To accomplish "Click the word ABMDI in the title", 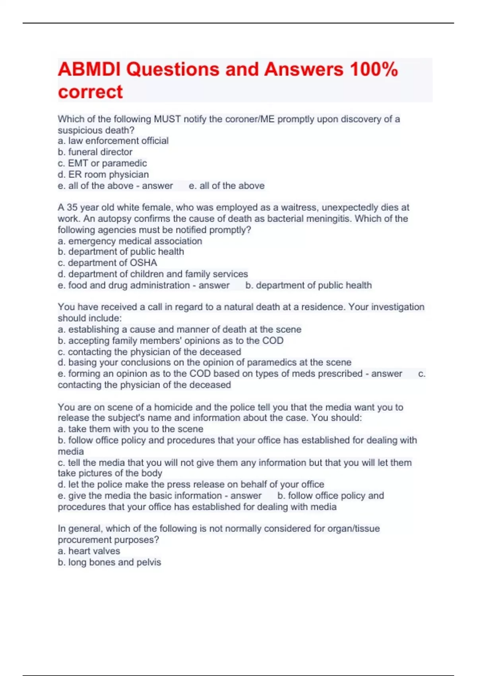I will click(x=89, y=70).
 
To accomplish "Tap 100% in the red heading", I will click(x=374, y=70).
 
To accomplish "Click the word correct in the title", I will click(x=90, y=92).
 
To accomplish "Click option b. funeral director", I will click(x=95, y=152).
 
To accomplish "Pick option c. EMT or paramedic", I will click(x=102, y=163).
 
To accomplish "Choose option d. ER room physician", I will click(x=103, y=174).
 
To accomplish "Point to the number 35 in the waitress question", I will click(x=72, y=207).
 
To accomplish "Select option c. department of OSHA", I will click(x=107, y=263).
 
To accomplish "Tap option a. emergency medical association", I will click(x=130, y=241).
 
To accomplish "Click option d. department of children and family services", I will click(x=153, y=274).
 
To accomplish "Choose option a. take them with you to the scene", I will click(x=130, y=429).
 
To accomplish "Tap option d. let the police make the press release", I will click(x=191, y=484).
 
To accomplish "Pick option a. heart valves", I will click(x=89, y=551).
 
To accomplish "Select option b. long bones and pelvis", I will click(x=109, y=562).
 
